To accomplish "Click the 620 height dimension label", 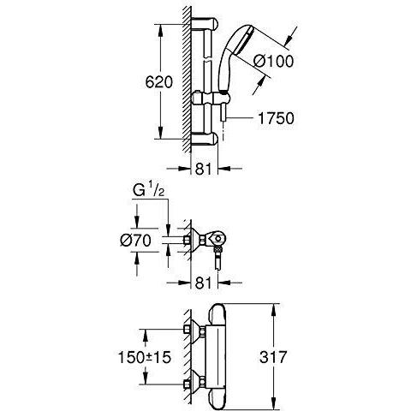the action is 159,82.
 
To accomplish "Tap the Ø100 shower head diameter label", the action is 273,61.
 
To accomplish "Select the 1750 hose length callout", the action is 276,118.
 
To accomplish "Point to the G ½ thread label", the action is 148,191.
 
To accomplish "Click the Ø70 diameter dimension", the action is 135,240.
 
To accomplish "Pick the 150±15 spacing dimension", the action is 145,357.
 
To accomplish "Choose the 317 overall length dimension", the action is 273,357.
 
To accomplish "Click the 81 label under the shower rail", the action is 204,169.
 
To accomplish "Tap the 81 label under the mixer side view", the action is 204,283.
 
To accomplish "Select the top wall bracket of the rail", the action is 205,24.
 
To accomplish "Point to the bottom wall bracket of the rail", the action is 205,139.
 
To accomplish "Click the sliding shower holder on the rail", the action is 211,98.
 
